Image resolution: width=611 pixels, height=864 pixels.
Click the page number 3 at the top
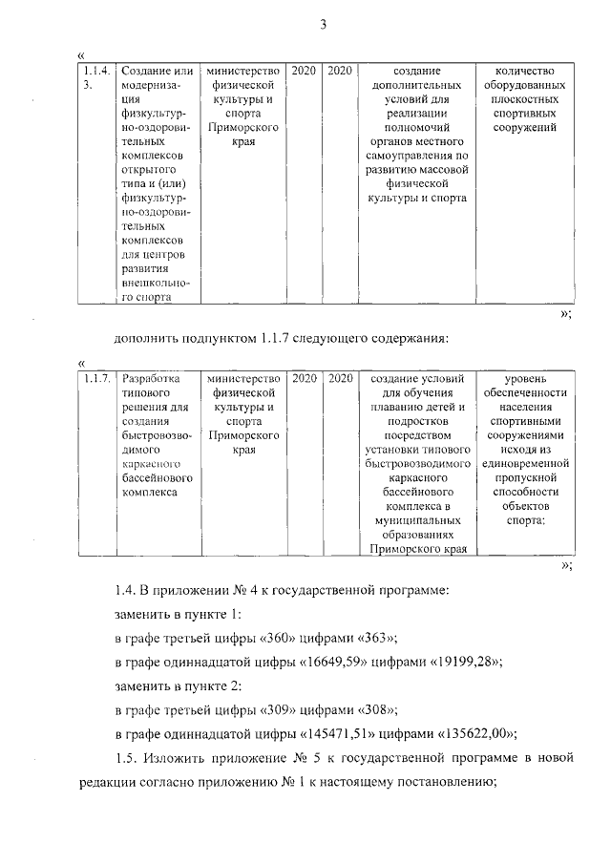pyautogui.click(x=324, y=25)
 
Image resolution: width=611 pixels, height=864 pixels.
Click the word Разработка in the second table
pyautogui.click(x=153, y=379)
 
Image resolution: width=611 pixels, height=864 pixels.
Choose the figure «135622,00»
pyautogui.click(x=477, y=734)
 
